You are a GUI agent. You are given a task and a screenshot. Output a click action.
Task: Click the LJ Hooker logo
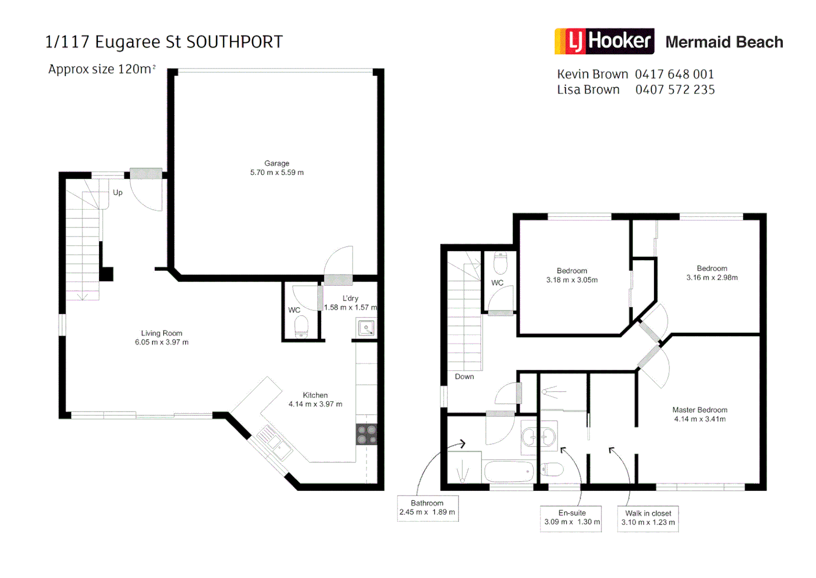[604, 41]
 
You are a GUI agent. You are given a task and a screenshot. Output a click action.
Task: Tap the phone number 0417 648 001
[674, 74]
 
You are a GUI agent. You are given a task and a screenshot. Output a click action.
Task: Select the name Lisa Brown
[588, 90]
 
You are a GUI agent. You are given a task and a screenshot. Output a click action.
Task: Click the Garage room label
[277, 163]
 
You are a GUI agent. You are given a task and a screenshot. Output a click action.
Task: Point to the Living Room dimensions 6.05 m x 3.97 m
[162, 343]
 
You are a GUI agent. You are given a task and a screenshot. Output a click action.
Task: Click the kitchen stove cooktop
[367, 435]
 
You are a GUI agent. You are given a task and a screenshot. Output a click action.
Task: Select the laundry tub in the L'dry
[367, 328]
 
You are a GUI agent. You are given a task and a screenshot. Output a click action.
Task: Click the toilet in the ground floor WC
[301, 326]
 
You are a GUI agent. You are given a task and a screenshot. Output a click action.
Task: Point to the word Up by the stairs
[118, 193]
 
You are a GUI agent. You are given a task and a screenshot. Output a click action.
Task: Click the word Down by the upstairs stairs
[464, 377]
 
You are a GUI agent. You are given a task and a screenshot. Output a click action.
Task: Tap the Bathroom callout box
[427, 508]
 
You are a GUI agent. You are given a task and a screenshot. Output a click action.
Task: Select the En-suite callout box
[572, 518]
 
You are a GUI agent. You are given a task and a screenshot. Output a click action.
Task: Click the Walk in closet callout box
[648, 518]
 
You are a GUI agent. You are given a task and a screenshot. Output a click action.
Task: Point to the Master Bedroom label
[700, 410]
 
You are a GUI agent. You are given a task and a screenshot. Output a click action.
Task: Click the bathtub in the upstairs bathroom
[509, 471]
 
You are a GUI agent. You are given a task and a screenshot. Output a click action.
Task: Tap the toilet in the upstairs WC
[500, 263]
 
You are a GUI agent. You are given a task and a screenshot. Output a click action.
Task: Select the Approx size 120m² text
[102, 70]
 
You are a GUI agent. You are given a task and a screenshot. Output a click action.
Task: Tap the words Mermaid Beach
[724, 42]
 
